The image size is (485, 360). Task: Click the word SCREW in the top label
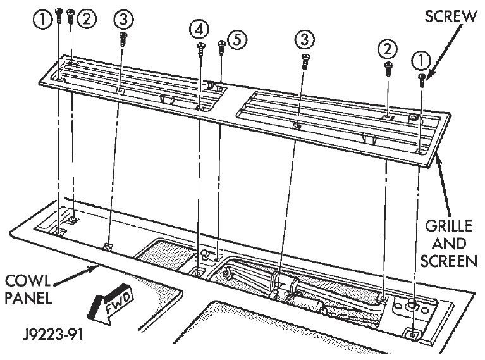point(451,16)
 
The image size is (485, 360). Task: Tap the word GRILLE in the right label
point(448,227)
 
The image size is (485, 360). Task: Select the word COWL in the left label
point(28,281)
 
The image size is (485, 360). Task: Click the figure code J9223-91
point(53,335)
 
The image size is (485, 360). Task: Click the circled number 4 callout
point(199,29)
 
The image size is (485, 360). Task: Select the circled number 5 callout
point(237,40)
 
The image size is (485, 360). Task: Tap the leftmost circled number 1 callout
point(43,20)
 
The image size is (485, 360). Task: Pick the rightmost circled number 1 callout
point(421,61)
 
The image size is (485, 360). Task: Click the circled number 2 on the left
point(87,19)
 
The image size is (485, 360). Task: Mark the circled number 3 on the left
point(123,20)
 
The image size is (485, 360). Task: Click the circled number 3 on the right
point(305,39)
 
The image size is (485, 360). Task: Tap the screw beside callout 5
point(221,47)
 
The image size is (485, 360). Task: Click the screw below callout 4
point(201,50)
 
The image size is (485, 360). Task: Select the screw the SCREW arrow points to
point(422,80)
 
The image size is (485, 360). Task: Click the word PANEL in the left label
point(28,298)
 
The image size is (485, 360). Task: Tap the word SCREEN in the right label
point(448,261)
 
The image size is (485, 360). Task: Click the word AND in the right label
point(449,244)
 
